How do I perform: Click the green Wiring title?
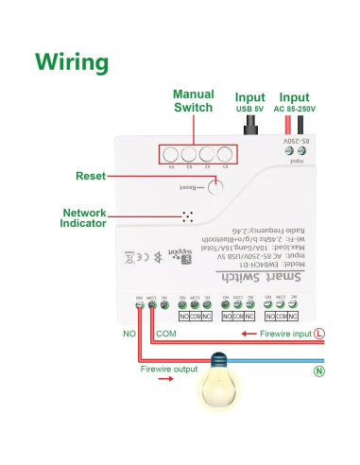pyautogui.click(x=72, y=62)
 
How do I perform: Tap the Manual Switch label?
pyautogui.click(x=193, y=101)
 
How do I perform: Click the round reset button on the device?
pyautogui.click(x=215, y=184)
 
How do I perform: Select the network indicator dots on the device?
pyautogui.click(x=187, y=215)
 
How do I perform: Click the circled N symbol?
pyautogui.click(x=319, y=371)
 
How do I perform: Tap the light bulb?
pyautogui.click(x=219, y=383)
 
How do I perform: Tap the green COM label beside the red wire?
pyautogui.click(x=164, y=334)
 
